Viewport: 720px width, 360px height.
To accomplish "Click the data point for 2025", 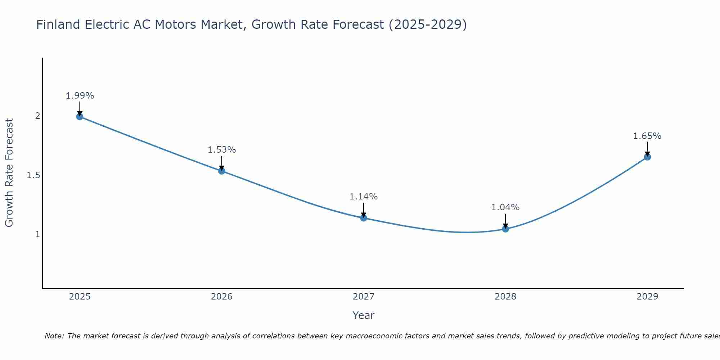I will [x=80, y=117].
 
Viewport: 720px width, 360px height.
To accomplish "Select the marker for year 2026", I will [x=222, y=171].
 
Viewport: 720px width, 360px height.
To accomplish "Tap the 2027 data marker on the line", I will [x=364, y=218].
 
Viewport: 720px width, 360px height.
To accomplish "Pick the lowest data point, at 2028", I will [x=505, y=229].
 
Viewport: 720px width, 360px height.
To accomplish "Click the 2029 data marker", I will [x=647, y=157].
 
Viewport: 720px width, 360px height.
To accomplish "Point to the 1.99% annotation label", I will [x=80, y=96].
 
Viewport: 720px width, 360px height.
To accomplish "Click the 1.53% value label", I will [x=222, y=150].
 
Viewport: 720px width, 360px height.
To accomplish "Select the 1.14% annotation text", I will [x=364, y=197].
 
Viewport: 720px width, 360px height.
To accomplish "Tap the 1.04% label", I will [x=505, y=207].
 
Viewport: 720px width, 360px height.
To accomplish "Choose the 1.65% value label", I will [x=647, y=136].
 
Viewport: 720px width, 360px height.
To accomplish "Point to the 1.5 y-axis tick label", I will [x=33, y=175].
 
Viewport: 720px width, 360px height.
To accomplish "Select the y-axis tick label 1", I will [x=37, y=234].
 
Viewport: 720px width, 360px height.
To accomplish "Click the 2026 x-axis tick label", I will [x=222, y=297].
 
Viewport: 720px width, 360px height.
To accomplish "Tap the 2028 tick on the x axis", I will [x=505, y=297].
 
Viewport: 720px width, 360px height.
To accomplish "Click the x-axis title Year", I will [x=364, y=315].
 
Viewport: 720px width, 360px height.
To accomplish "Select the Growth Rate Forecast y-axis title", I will [x=9, y=173].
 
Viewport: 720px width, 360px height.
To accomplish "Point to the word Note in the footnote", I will [x=54, y=336].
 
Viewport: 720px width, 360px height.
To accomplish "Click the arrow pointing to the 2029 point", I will [x=647, y=148].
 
